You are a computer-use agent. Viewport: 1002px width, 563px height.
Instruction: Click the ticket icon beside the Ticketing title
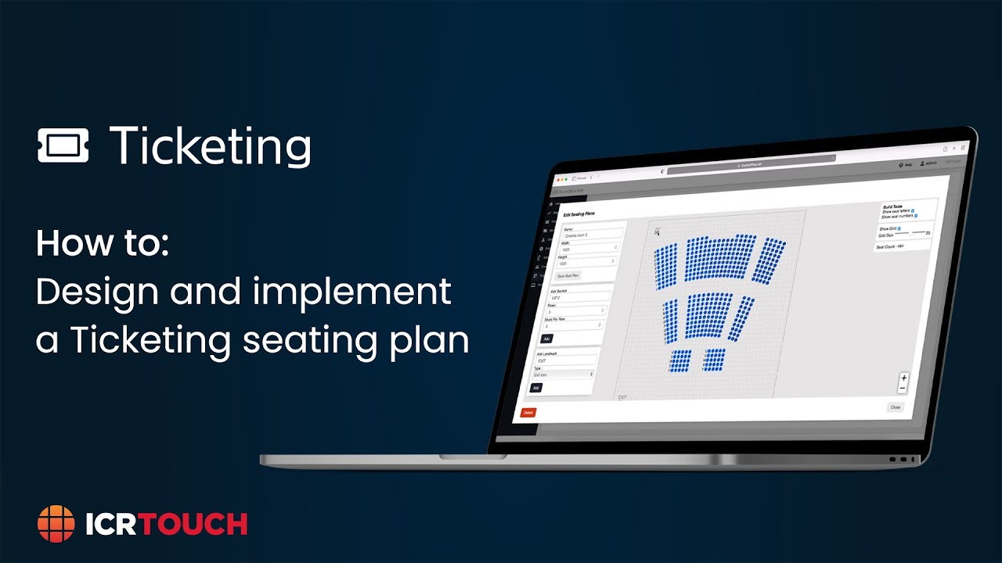[63, 145]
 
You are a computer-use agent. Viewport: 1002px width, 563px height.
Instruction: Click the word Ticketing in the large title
[210, 145]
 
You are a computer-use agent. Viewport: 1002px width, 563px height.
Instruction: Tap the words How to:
[103, 243]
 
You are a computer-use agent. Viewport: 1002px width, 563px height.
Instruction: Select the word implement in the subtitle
[351, 292]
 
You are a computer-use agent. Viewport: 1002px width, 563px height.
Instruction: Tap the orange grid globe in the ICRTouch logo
[56, 523]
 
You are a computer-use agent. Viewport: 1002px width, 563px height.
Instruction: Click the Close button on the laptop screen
[895, 407]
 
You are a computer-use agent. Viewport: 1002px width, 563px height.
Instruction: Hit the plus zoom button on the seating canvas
[903, 378]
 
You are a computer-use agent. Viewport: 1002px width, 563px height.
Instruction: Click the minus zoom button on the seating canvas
[903, 388]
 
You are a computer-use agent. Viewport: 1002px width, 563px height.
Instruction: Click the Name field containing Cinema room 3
[593, 234]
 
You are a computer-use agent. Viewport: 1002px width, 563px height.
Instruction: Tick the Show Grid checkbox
[899, 228]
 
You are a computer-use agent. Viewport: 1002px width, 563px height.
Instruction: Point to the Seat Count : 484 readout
[889, 246]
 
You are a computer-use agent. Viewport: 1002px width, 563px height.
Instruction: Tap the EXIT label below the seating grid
[622, 397]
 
